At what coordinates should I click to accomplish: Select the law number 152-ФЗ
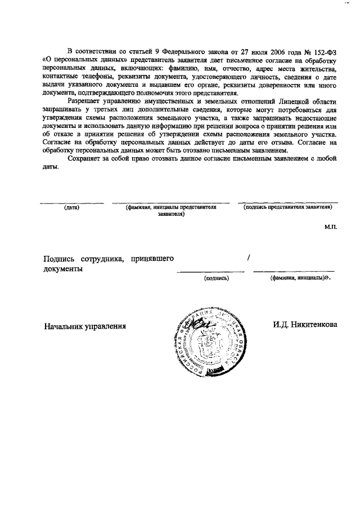point(321,51)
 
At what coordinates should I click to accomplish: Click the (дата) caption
point(71,207)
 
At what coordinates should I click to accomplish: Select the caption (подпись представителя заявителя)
point(287,207)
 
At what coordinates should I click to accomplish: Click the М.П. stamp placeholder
point(330,227)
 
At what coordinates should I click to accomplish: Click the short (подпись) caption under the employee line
point(217,278)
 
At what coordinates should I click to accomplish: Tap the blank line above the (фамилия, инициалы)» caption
point(294,272)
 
